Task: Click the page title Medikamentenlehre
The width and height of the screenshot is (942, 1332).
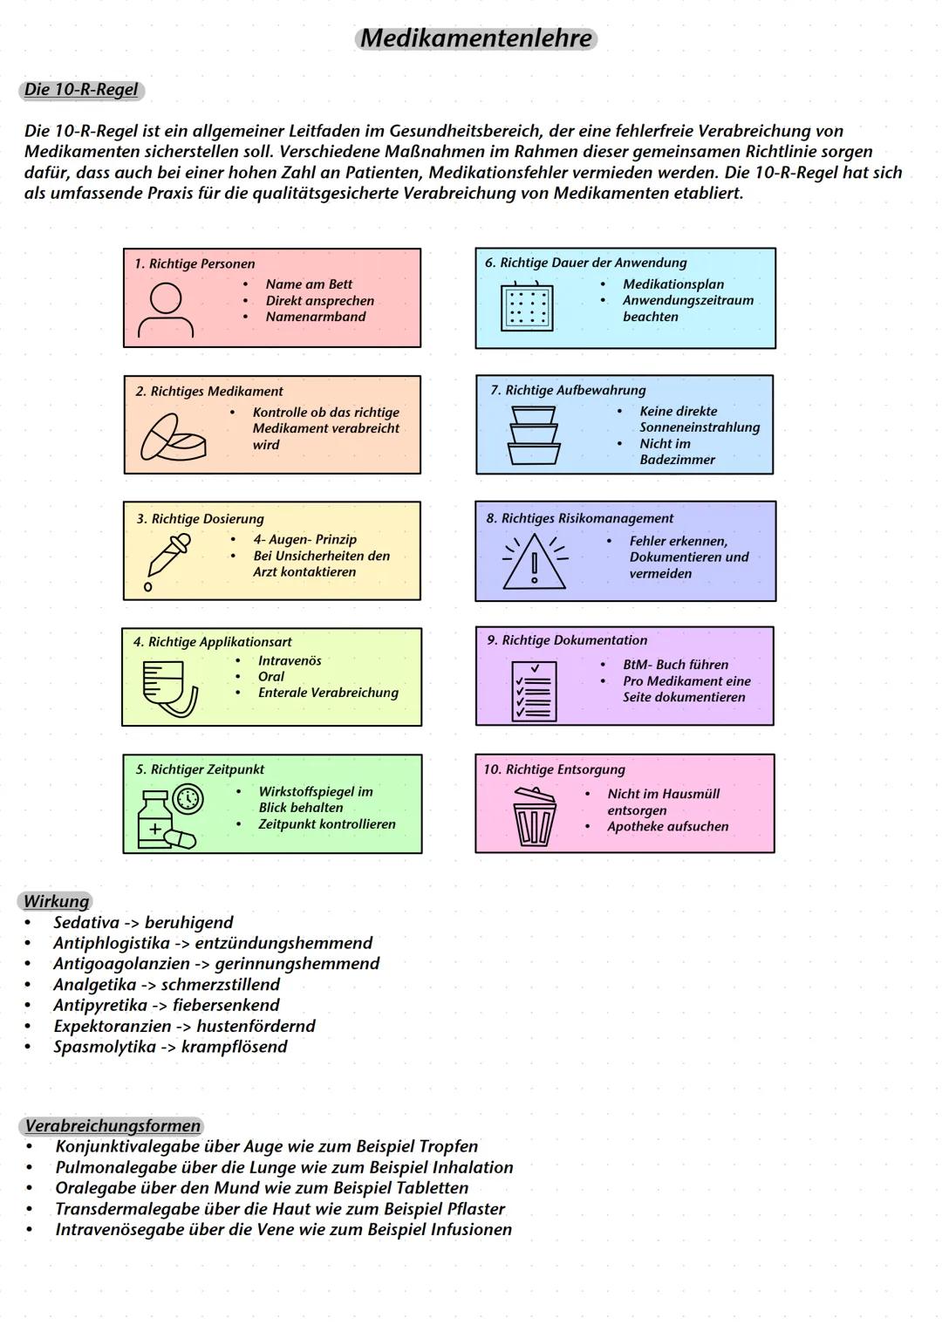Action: (x=476, y=38)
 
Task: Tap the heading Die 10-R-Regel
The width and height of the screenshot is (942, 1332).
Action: (x=80, y=90)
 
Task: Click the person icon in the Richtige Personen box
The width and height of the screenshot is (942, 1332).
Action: (x=166, y=310)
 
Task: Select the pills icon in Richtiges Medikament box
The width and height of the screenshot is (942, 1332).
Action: (x=173, y=438)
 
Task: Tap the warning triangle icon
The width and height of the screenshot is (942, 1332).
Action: (x=535, y=562)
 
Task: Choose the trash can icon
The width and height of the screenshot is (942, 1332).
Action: (x=534, y=816)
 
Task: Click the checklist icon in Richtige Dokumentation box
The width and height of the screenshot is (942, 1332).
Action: (x=533, y=691)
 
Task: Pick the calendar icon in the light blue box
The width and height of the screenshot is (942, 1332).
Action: (x=527, y=306)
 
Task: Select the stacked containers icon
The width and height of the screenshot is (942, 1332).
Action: (x=534, y=435)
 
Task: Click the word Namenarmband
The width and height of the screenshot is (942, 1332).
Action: (x=316, y=317)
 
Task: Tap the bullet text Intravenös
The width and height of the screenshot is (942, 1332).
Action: (x=290, y=660)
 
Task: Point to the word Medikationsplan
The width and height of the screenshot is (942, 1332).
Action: (x=673, y=284)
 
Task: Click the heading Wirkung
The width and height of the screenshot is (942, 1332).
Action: (x=56, y=901)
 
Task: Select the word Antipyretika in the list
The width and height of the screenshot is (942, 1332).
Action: (x=100, y=1005)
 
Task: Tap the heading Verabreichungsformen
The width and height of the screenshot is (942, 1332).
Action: (x=113, y=1125)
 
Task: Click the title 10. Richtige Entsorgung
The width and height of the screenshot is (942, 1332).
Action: (x=555, y=769)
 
